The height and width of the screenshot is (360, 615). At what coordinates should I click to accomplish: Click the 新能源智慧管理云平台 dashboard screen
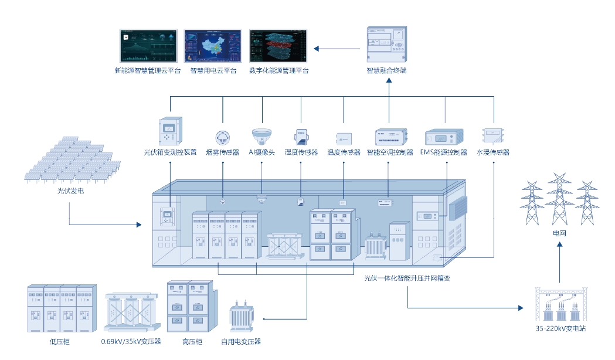click(x=148, y=46)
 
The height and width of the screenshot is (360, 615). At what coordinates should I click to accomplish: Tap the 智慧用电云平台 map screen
click(x=213, y=46)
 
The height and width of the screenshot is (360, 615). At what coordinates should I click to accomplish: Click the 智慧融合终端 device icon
click(x=386, y=45)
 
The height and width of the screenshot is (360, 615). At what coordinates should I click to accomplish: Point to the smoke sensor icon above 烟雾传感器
click(x=223, y=137)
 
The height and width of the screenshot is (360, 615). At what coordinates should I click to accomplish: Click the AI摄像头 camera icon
click(x=261, y=137)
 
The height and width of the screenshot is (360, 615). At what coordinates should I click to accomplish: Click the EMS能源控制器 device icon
click(x=444, y=137)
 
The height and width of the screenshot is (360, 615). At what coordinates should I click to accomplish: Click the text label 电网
click(x=560, y=233)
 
